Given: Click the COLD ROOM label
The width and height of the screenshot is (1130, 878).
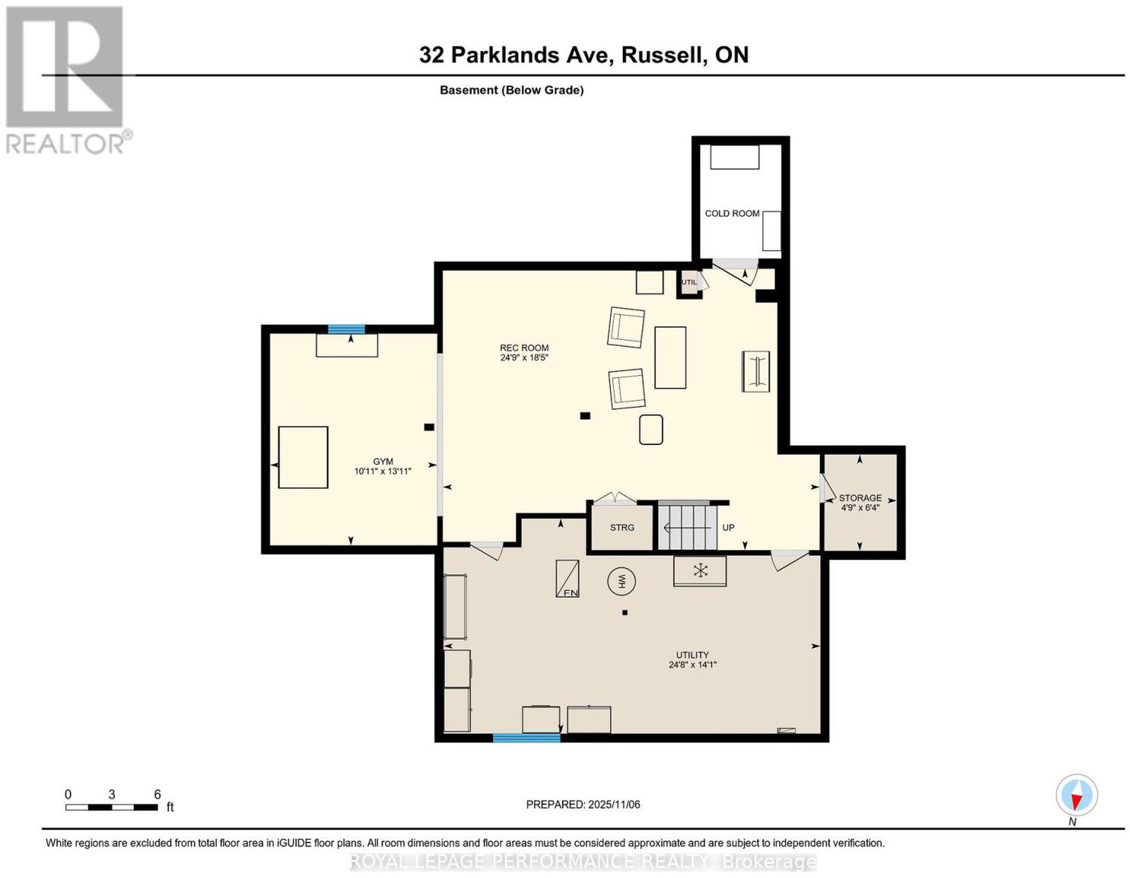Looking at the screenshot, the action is (x=732, y=213).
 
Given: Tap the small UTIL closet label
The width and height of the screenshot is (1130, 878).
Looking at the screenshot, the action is (x=689, y=283).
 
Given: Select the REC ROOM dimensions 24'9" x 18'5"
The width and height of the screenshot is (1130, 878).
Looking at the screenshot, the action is (x=524, y=357).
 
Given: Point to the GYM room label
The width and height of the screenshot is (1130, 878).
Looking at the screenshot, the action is (x=383, y=461).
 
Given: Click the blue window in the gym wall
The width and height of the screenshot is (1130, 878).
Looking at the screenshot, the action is (x=346, y=328).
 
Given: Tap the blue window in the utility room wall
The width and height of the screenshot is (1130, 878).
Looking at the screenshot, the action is (x=526, y=737).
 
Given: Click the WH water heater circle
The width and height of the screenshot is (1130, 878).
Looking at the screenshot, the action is (x=621, y=581).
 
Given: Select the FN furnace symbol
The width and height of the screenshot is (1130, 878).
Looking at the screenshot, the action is (x=567, y=578).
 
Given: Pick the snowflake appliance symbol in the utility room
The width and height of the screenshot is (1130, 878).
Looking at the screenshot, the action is (x=701, y=571).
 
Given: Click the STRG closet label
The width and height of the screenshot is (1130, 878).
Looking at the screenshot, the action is (x=622, y=528).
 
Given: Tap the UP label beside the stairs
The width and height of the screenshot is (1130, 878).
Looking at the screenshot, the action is (x=728, y=528).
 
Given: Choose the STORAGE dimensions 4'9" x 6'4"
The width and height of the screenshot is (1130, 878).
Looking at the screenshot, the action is (x=860, y=508).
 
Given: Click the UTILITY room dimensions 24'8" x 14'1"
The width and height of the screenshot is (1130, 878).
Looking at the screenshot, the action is (x=693, y=665).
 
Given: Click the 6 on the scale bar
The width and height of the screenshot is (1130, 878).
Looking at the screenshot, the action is (x=157, y=795).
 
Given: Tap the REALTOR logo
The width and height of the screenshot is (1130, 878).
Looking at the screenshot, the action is (x=66, y=80).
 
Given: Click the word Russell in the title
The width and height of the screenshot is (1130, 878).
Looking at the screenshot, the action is (x=662, y=54).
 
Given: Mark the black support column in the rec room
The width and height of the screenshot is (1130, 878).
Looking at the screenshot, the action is (x=585, y=416).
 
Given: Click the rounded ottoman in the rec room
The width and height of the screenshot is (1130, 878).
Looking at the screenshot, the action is (x=650, y=429).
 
